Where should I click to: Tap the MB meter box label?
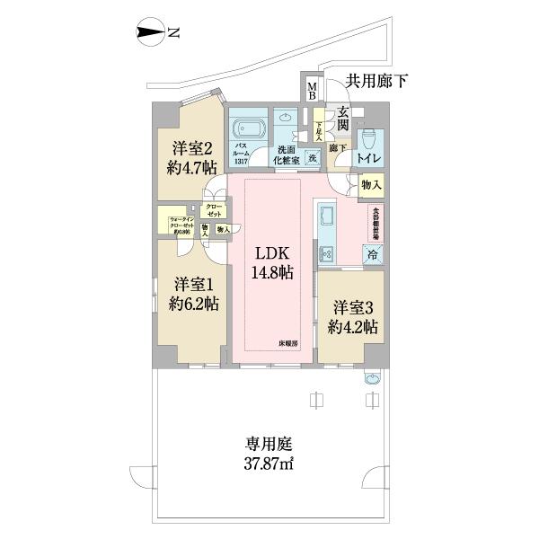[312, 90]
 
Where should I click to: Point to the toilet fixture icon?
[369, 138]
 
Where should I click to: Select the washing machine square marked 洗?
[313, 157]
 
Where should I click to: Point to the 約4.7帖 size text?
[190, 167]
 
